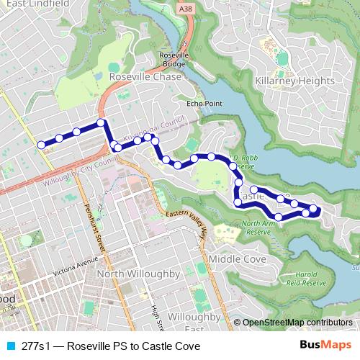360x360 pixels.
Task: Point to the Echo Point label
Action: click(204, 104)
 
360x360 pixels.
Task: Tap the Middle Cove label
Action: click(233, 258)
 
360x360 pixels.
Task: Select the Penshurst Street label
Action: click(91, 224)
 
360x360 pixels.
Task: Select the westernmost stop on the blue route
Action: click(42, 145)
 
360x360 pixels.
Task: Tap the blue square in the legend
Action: click(9, 346)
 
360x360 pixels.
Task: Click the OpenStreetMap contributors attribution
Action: click(297, 323)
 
